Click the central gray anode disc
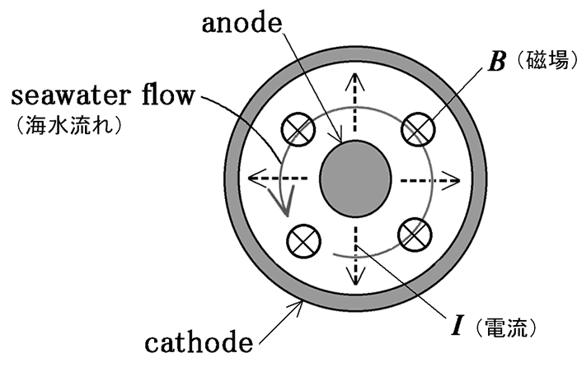click(x=354, y=178)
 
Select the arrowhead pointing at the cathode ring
click(x=300, y=306)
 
